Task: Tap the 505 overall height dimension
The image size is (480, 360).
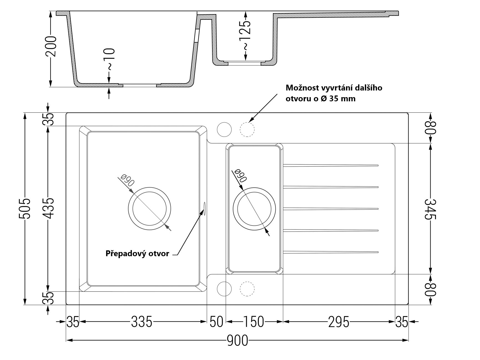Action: (x=25, y=208)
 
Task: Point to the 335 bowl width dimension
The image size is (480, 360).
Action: (x=142, y=322)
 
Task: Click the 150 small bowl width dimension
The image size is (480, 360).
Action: (x=254, y=322)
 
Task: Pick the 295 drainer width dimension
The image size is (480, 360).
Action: (x=339, y=322)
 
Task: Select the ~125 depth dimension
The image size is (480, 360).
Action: (x=245, y=35)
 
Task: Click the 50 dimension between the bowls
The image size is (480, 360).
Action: (x=216, y=322)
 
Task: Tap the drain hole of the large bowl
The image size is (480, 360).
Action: (x=150, y=208)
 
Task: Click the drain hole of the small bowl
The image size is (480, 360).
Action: (x=254, y=208)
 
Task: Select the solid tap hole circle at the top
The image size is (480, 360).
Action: (x=224, y=129)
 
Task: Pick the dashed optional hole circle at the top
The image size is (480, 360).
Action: (x=247, y=129)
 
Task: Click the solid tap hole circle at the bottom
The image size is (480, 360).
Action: (x=224, y=289)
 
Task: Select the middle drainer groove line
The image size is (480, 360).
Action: (x=331, y=209)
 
